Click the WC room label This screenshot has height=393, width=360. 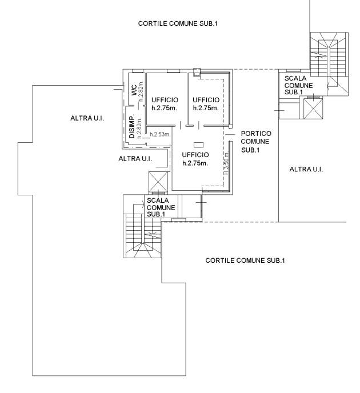click(134, 90)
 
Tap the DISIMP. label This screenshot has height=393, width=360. click(132, 127)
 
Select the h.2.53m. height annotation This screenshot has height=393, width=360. click(160, 134)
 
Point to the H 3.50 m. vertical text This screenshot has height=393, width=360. click(226, 163)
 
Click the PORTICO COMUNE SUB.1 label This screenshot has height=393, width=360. click(255, 142)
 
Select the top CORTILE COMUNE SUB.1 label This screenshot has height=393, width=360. click(178, 23)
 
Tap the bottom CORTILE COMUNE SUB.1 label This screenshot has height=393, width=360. click(245, 260)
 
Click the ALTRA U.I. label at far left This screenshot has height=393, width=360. click(87, 118)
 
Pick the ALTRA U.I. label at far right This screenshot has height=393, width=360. click(306, 170)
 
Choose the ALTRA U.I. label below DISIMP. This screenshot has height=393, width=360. click(135, 159)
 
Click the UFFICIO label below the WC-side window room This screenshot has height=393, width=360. click(165, 104)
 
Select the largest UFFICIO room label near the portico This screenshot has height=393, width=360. click(195, 159)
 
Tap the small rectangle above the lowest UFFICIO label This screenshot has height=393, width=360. click(198, 145)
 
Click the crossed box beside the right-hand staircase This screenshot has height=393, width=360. click(313, 109)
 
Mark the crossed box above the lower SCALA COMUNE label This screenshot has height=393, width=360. click(158, 182)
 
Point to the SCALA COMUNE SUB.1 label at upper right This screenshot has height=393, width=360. click(298, 86)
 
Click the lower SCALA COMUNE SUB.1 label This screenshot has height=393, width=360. click(161, 207)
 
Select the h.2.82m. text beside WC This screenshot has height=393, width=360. click(141, 92)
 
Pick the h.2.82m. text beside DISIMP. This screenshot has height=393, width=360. click(139, 127)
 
